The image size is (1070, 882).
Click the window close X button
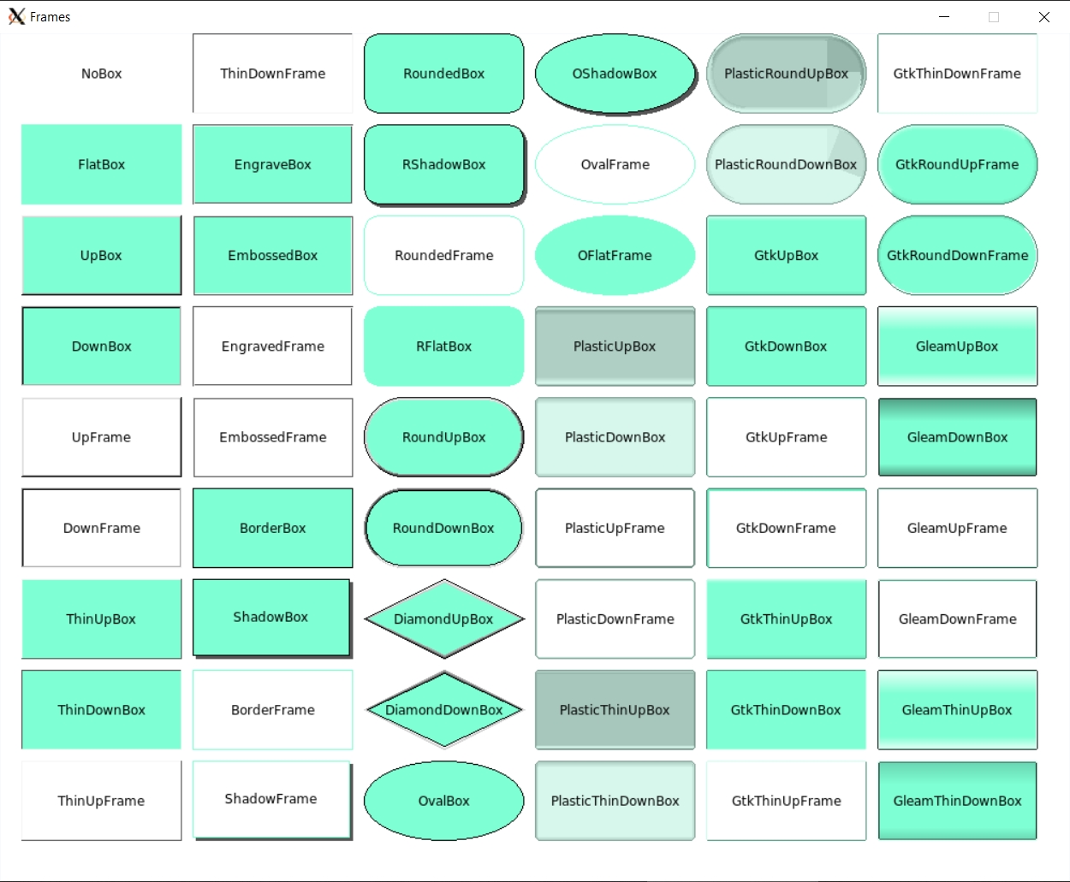1043,17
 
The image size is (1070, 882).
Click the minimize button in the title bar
944,17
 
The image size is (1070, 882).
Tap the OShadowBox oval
615,74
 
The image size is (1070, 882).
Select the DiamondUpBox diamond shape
443,619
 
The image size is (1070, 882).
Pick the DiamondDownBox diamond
443,709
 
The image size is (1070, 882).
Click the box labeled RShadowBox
443,164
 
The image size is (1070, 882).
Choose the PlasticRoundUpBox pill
786,74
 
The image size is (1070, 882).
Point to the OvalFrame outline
615,164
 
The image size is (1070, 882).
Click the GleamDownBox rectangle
957,437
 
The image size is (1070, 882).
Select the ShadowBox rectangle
271,617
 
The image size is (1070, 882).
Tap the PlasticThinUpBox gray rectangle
615,709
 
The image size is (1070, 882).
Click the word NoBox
101,74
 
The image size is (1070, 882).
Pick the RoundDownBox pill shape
443,528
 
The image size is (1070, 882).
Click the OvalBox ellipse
443,801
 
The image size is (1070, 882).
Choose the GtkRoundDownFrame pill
957,255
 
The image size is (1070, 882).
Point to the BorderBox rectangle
272,528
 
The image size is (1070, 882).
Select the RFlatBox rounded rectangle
443,346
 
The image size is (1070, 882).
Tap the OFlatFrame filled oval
615,255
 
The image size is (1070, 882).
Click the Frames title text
50,17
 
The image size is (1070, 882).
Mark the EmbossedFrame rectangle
272,437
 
